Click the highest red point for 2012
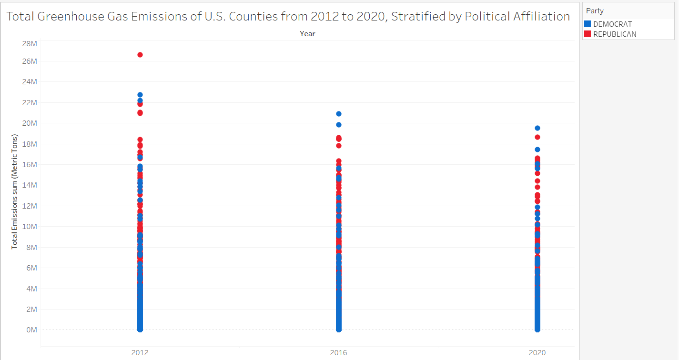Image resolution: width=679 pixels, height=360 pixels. coord(140,55)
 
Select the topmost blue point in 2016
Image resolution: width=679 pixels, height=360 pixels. coord(339,114)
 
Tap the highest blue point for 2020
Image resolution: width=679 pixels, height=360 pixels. coord(537,128)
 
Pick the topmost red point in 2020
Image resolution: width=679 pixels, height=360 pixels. coord(537,137)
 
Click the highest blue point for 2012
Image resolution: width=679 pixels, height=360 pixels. coord(140,95)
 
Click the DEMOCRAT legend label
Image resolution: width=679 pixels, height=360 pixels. coord(612,24)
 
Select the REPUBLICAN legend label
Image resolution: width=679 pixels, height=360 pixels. coord(615,34)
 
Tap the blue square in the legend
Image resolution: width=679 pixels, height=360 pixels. coord(588,24)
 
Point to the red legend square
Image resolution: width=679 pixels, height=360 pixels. coord(588,34)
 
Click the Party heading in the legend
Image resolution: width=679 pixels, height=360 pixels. coord(595,11)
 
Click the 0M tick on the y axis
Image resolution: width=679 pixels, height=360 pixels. coord(31,330)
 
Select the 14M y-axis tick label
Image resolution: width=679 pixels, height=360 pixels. coord(30,185)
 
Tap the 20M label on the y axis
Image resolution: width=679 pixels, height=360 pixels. coord(30,123)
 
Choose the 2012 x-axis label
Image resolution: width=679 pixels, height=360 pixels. coord(140,353)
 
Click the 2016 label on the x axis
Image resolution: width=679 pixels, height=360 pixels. coord(339,353)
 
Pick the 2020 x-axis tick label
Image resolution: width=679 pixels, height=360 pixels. coord(537,353)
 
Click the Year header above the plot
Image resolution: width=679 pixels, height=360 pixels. coord(307,33)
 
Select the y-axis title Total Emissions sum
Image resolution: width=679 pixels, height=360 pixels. coord(14,191)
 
